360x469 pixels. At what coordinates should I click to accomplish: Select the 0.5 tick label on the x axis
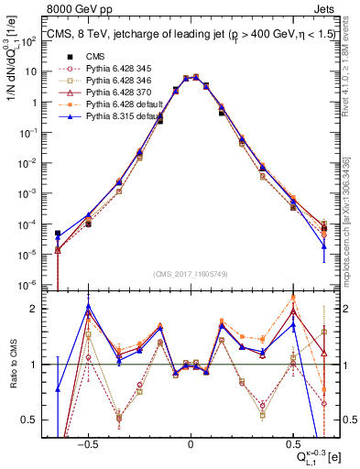click(292, 444)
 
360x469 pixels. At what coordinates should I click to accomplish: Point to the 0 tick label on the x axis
click(191, 444)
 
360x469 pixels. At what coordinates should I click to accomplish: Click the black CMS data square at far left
click(58, 234)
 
